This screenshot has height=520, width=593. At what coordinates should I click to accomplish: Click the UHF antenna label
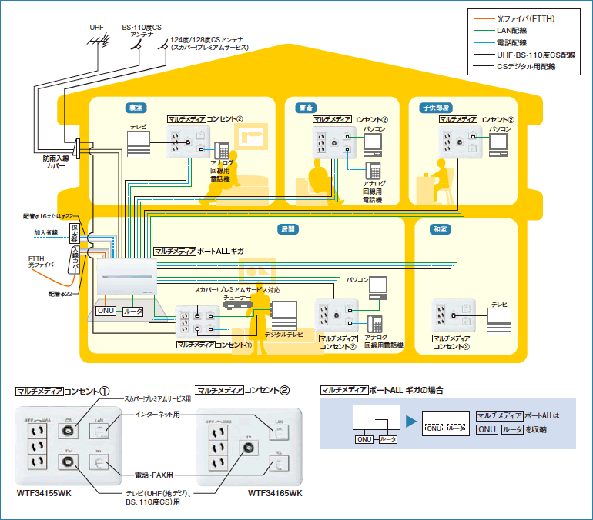(95, 27)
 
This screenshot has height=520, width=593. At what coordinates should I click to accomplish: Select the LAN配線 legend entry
(515, 30)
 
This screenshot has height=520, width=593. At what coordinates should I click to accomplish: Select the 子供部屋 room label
(436, 108)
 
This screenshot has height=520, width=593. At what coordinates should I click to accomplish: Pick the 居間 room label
(288, 229)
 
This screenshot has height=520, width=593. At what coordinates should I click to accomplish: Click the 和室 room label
(439, 229)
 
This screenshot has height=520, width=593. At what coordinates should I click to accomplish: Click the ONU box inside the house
(106, 312)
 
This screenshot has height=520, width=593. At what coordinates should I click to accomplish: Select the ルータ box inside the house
(132, 312)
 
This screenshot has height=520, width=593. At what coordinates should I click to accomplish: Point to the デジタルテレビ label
(283, 335)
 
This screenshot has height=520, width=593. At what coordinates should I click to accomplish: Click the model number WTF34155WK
(43, 492)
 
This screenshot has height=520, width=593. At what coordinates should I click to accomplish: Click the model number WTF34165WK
(275, 492)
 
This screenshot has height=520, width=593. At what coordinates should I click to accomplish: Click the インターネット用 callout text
(158, 414)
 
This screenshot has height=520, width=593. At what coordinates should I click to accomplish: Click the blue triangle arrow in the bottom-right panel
(410, 422)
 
